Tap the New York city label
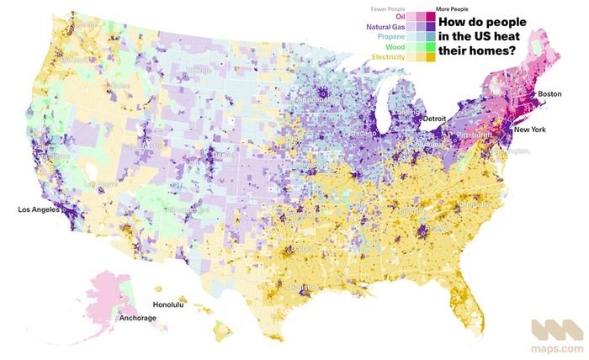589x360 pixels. (x=531, y=131)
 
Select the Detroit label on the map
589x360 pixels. (x=434, y=119)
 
